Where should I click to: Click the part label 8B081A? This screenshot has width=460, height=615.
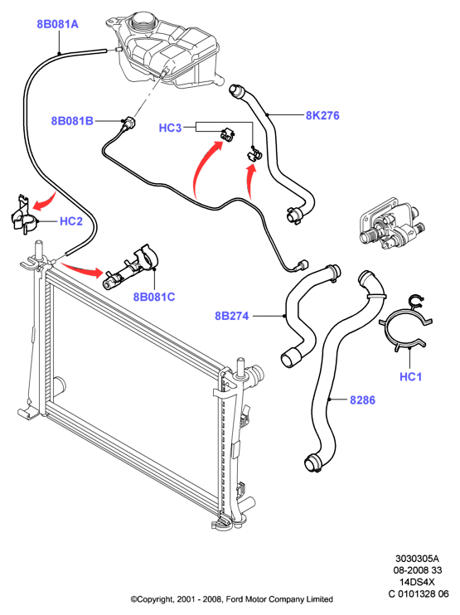point(58,24)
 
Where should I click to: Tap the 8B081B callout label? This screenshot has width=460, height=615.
point(73,121)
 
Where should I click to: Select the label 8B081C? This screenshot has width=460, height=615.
point(154,297)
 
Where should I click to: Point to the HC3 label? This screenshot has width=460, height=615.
point(170,128)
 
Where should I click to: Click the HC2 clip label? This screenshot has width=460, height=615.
point(71,221)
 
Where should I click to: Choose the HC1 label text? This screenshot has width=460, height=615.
point(410,377)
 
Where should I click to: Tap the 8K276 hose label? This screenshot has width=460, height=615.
point(322,115)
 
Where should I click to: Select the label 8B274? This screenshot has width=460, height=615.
point(232,316)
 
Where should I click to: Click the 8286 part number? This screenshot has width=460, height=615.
point(362,400)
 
